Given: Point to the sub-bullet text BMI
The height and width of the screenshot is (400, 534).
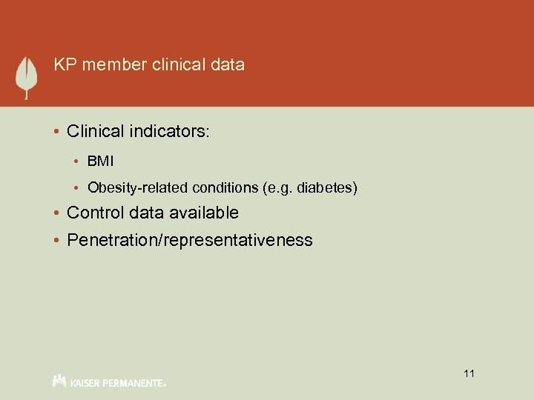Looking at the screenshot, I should (99, 161).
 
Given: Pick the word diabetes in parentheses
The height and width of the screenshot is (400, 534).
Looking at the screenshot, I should (332, 188).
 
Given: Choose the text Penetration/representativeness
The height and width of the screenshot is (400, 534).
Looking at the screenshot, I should (189, 240).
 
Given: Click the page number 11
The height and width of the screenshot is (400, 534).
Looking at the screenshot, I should (469, 373).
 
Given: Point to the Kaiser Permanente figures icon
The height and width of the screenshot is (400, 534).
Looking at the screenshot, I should (60, 380).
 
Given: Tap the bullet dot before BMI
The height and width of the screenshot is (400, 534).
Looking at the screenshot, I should (78, 161).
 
